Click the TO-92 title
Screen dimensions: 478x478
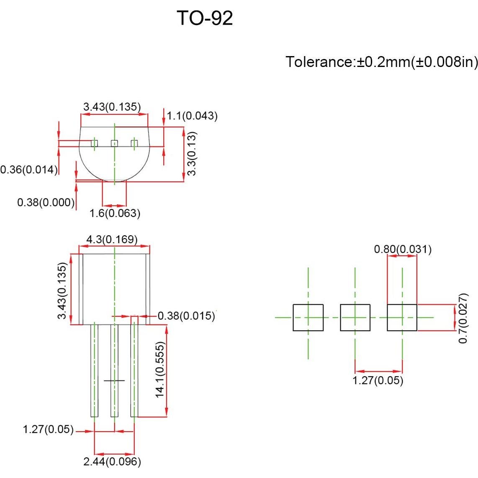(x=205, y=18)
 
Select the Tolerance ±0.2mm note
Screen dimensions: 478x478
(x=381, y=62)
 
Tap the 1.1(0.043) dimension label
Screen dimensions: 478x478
(x=192, y=116)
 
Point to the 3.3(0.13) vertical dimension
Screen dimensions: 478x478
(x=192, y=154)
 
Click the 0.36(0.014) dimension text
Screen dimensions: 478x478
(x=28, y=170)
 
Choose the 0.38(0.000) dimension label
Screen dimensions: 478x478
(x=46, y=203)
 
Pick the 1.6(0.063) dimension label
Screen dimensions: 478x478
(x=115, y=213)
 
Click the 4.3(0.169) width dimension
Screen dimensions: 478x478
(x=112, y=239)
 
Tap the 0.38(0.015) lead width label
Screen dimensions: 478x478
(x=186, y=316)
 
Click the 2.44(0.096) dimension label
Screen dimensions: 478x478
(x=112, y=462)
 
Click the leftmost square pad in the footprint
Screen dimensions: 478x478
(x=308, y=318)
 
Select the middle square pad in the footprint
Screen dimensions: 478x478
(x=355, y=318)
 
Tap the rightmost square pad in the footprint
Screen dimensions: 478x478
(x=402, y=318)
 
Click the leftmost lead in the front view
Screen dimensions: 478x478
(x=95, y=370)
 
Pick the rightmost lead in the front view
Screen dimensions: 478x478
(x=134, y=370)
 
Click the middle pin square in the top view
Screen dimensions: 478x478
(x=114, y=144)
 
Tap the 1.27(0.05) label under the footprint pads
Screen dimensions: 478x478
(x=378, y=380)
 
